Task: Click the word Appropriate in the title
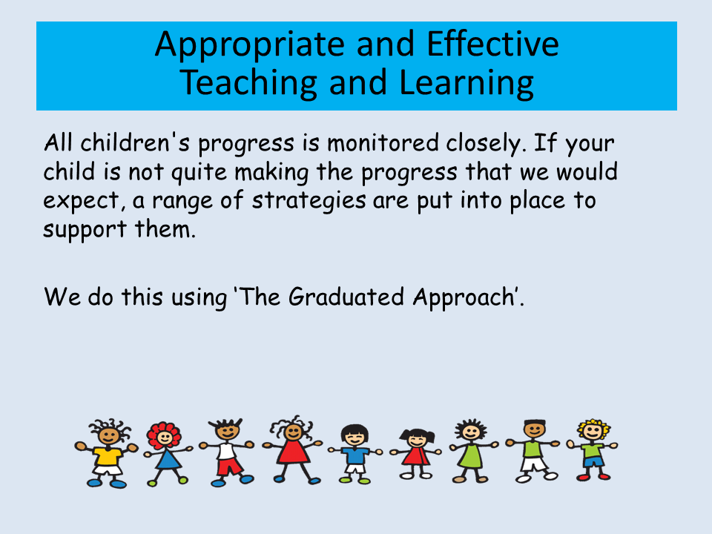(250, 45)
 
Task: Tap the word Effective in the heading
(492, 44)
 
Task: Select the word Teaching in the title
(248, 84)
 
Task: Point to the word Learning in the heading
(467, 84)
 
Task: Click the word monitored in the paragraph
(383, 143)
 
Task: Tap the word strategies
(309, 201)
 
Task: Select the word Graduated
(346, 297)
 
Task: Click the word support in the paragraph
(85, 230)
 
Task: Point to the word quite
(199, 173)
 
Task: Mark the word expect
(82, 201)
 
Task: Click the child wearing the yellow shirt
(107, 453)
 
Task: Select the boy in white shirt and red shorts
(227, 452)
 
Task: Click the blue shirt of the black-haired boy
(355, 455)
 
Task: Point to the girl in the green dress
(472, 450)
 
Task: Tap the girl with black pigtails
(415, 454)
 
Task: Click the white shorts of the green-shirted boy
(534, 464)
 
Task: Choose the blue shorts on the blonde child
(593, 462)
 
